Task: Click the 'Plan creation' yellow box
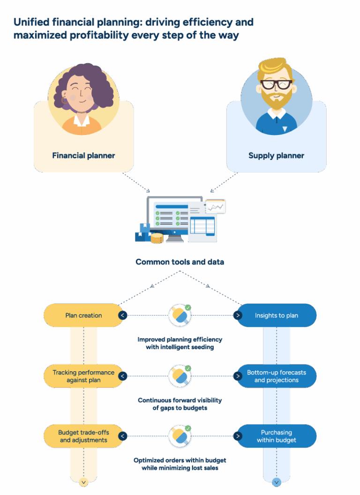tap(83, 315)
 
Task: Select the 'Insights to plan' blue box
tap(276, 315)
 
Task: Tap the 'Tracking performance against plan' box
tap(83, 376)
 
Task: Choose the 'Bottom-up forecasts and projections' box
tap(276, 376)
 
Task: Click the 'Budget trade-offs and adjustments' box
tap(83, 436)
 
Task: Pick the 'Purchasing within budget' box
tap(276, 436)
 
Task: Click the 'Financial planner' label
tap(83, 156)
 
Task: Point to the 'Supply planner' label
tap(276, 156)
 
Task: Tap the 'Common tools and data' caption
tap(180, 262)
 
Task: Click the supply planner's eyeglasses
tap(276, 85)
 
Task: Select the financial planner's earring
tap(64, 100)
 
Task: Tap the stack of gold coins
tap(157, 238)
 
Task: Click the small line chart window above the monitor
tap(216, 206)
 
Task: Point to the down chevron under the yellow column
tap(83, 481)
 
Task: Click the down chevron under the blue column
tap(276, 481)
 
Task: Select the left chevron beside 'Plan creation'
tap(122, 315)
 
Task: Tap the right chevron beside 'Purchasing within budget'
tap(238, 436)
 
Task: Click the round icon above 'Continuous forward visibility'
tap(180, 376)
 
